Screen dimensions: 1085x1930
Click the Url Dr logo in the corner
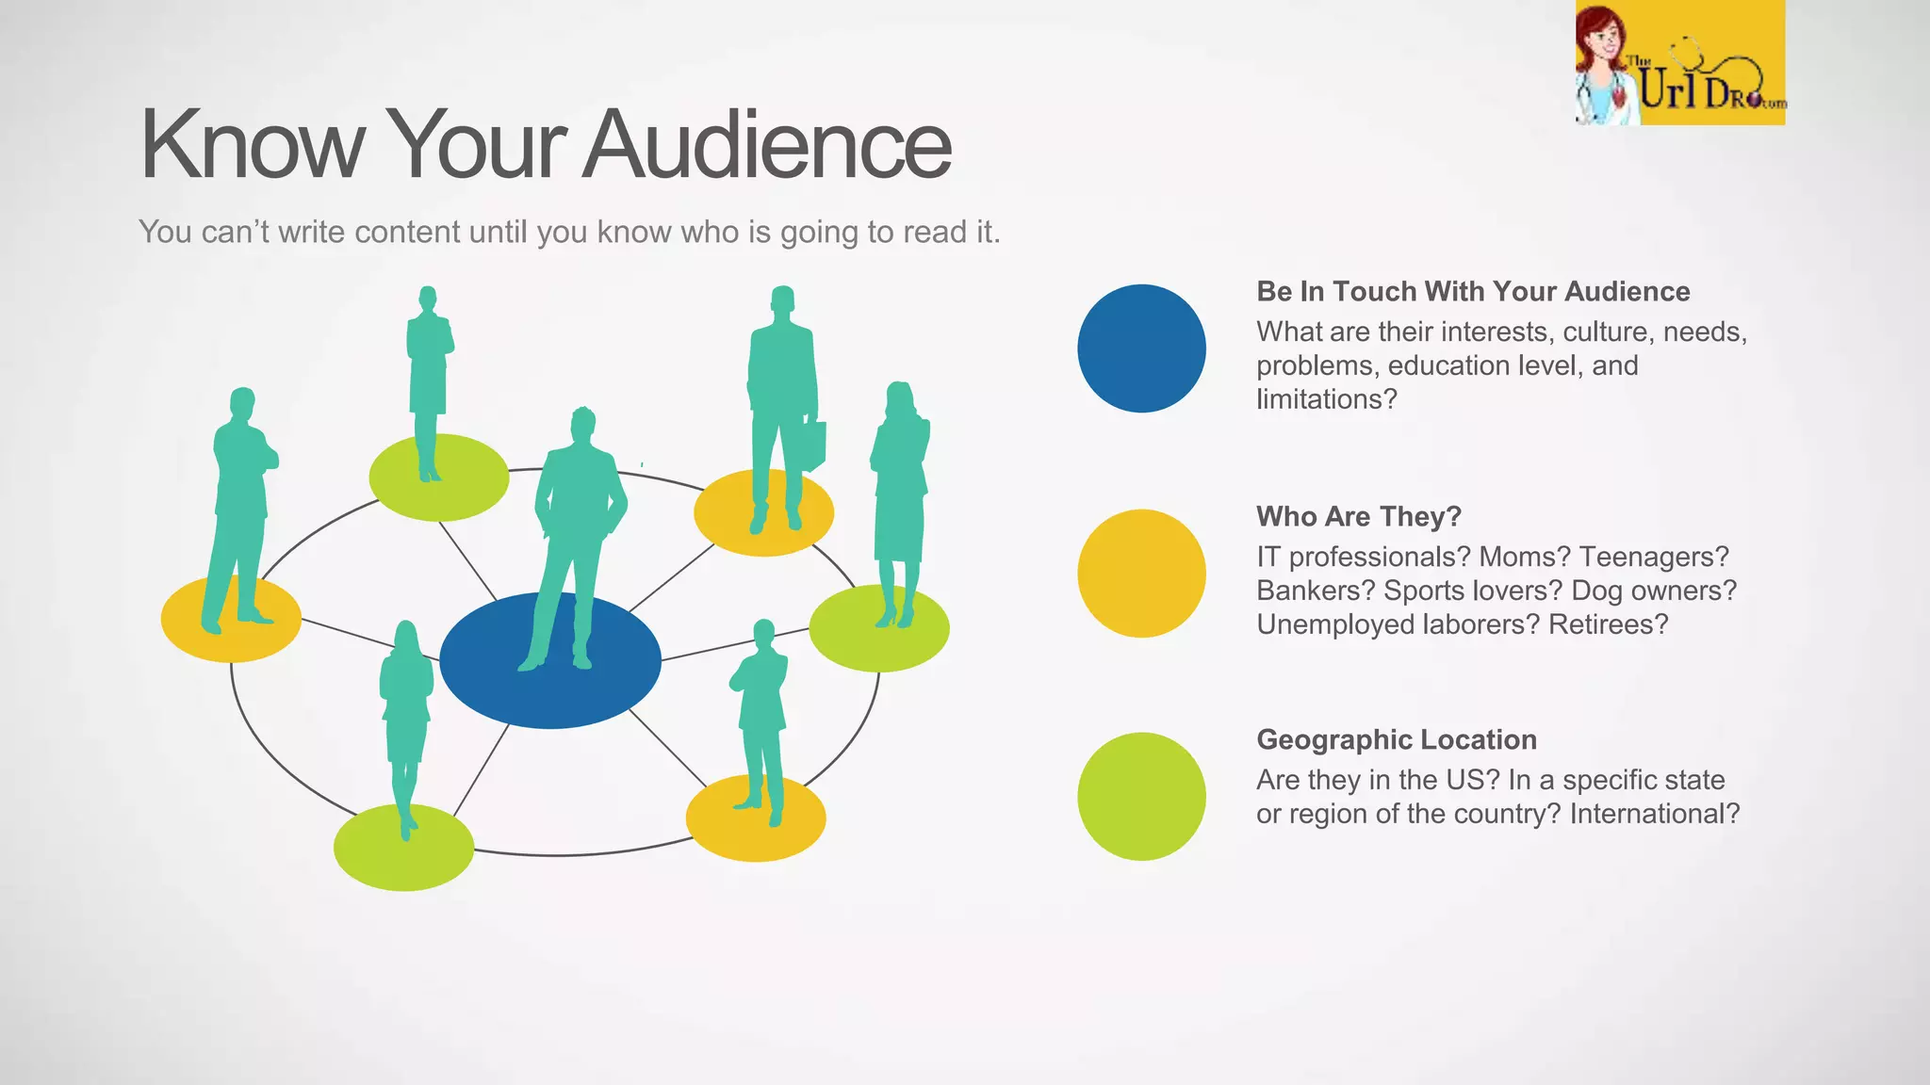pyautogui.click(x=1679, y=64)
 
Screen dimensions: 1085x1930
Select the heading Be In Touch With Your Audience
pyautogui.click(x=1473, y=292)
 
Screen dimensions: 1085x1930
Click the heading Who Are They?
pyautogui.click(x=1358, y=517)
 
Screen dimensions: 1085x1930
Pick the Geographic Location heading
pyautogui.click(x=1396, y=740)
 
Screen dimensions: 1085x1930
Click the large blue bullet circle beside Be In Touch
pyautogui.click(x=1141, y=348)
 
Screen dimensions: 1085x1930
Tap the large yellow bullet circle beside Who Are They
pyautogui.click(x=1141, y=574)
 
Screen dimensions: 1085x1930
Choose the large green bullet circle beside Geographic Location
pyautogui.click(x=1141, y=797)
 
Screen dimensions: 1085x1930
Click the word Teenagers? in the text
pyautogui.click(x=1654, y=557)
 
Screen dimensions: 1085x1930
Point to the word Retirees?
pyautogui.click(x=1608, y=624)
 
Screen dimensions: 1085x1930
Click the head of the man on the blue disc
pyautogui.click(x=583, y=426)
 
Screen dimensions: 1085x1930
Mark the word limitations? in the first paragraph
pyautogui.click(x=1326, y=399)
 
